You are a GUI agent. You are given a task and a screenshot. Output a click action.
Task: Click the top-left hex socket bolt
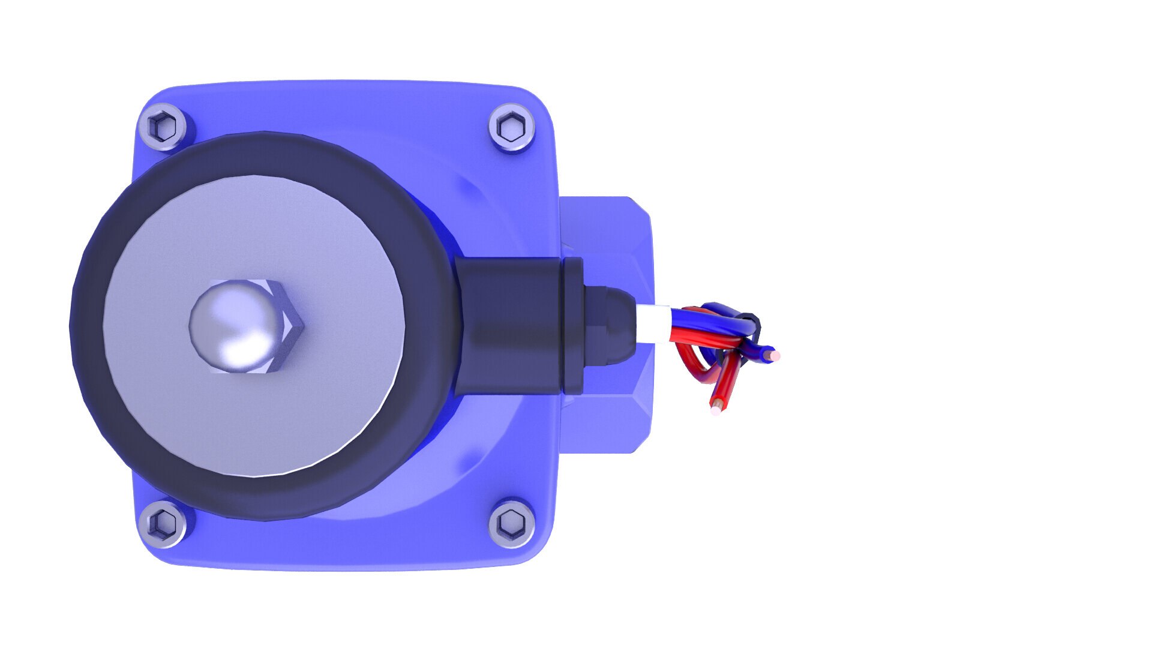163,127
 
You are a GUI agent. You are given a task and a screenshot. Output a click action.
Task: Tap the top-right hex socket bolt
512,127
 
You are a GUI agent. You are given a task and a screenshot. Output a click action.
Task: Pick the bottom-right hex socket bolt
512,523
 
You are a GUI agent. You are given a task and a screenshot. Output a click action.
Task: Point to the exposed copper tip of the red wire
715,410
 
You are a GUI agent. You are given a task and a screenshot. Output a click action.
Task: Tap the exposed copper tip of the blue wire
776,356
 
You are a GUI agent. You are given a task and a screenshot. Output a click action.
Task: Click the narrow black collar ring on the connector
572,326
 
